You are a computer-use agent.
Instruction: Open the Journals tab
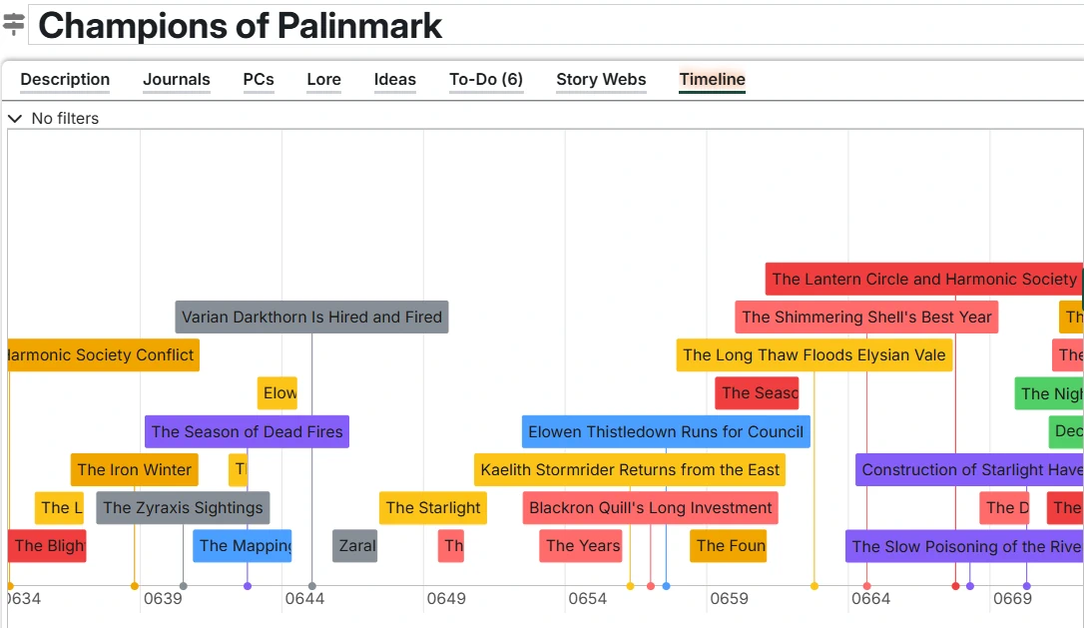click(177, 80)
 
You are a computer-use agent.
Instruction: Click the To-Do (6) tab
click(486, 80)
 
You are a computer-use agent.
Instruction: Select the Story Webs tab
click(601, 80)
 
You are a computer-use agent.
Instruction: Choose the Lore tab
click(323, 80)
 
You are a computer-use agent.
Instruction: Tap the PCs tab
click(259, 80)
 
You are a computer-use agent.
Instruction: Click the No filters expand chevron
click(15, 119)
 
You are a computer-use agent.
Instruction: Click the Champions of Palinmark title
click(240, 26)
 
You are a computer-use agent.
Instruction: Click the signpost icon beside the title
click(14, 25)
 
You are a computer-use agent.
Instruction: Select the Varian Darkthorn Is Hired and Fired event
click(311, 317)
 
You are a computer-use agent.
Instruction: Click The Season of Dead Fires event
click(247, 432)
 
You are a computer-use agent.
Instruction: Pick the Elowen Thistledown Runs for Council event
click(666, 432)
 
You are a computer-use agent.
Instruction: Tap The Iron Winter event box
click(134, 470)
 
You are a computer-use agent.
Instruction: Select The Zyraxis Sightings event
click(183, 508)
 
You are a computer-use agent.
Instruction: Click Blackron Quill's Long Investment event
click(650, 508)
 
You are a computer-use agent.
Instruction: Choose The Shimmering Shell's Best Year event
click(866, 317)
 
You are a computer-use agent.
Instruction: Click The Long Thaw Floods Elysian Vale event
click(813, 355)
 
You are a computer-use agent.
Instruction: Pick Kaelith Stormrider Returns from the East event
click(630, 470)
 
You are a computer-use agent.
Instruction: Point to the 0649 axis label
click(446, 599)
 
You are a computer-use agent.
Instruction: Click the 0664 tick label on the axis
click(870, 599)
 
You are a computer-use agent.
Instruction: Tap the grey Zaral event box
click(355, 546)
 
